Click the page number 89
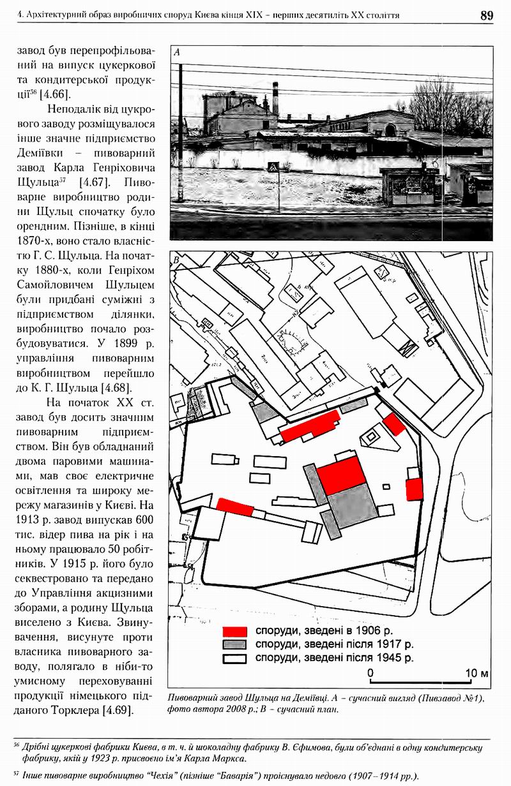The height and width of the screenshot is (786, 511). coord(487,15)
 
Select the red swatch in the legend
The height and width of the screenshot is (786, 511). coord(234,630)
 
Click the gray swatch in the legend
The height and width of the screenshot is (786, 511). coord(234,644)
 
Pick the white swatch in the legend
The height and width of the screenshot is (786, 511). coord(234,658)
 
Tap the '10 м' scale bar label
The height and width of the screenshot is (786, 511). coord(477,673)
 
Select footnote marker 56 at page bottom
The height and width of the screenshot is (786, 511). coord(16,743)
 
